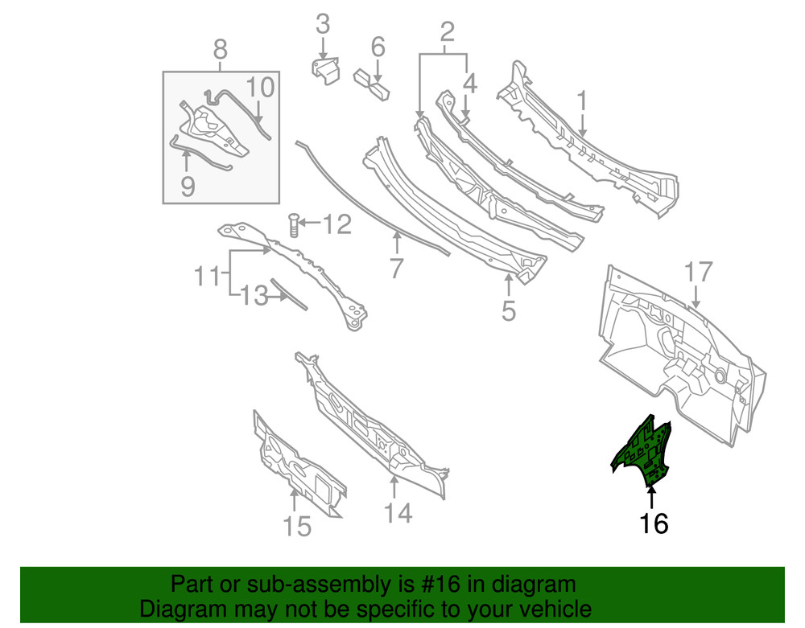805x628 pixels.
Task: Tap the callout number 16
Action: click(x=654, y=523)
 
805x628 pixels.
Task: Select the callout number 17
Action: click(x=698, y=272)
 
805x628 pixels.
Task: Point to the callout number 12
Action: click(x=336, y=224)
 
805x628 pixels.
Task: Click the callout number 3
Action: click(x=322, y=24)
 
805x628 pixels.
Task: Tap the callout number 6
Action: click(x=378, y=47)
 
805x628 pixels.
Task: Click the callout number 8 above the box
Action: click(x=220, y=50)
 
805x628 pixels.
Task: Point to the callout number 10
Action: click(x=259, y=87)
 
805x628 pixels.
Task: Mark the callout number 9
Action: click(x=187, y=187)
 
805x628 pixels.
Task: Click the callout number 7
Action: click(x=395, y=269)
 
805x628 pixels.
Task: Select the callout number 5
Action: click(x=508, y=310)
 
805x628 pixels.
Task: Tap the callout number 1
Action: click(x=580, y=101)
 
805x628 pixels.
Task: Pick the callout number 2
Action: click(x=447, y=31)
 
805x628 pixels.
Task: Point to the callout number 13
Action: click(x=254, y=297)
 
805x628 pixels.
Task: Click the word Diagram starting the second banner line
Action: click(x=180, y=608)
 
